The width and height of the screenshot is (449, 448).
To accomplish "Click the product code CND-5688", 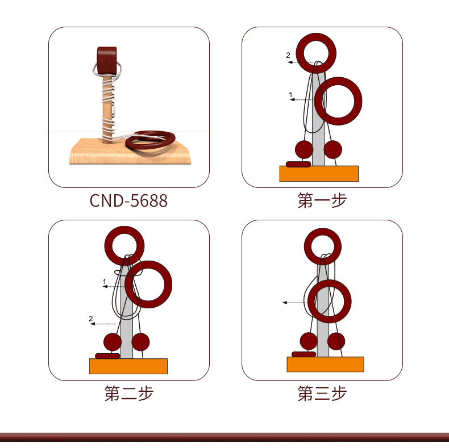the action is (128, 200).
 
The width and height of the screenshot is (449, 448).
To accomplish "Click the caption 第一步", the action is (322, 200).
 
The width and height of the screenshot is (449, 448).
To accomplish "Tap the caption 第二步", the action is (129, 393).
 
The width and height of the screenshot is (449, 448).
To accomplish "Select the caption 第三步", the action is (322, 393).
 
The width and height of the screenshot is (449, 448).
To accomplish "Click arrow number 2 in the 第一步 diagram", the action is (300, 62).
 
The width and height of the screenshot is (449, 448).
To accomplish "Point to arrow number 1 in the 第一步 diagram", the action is (302, 99).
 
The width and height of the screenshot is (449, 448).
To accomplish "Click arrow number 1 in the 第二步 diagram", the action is (114, 286).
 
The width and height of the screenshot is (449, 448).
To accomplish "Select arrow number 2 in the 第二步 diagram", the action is (102, 324).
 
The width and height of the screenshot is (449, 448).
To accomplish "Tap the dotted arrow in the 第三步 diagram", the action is (295, 303).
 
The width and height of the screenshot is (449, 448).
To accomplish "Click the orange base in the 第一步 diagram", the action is (319, 173).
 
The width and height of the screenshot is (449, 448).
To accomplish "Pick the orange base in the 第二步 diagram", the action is (128, 366).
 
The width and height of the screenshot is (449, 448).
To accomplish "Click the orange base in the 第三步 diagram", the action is (325, 365).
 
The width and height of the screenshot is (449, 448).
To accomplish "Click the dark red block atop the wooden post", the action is (107, 60).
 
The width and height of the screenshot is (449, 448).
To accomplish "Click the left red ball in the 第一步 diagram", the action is (304, 150).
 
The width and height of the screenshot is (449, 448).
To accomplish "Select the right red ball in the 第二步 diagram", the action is (140, 342).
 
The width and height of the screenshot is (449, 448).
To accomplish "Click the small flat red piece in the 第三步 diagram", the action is (304, 354).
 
